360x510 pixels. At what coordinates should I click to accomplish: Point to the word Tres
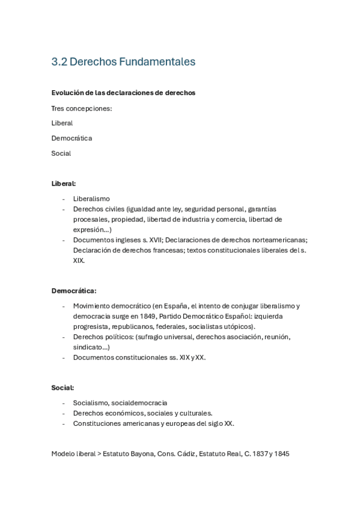tap(58, 108)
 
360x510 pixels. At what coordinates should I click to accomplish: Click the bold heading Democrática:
tap(74, 290)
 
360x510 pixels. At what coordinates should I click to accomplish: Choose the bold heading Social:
tap(63, 388)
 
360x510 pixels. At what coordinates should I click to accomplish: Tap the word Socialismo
tap(91, 403)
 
